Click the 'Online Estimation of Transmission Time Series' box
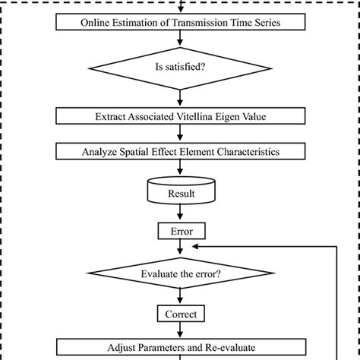[180, 22]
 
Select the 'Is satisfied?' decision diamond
[180, 68]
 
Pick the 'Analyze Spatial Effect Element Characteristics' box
[180, 152]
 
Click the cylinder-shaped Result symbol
[180, 193]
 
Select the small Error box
[180, 229]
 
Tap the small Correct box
[180, 313]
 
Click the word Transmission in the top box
[194, 22]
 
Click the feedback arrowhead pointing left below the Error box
[196, 246]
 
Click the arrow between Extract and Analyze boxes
[180, 134]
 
